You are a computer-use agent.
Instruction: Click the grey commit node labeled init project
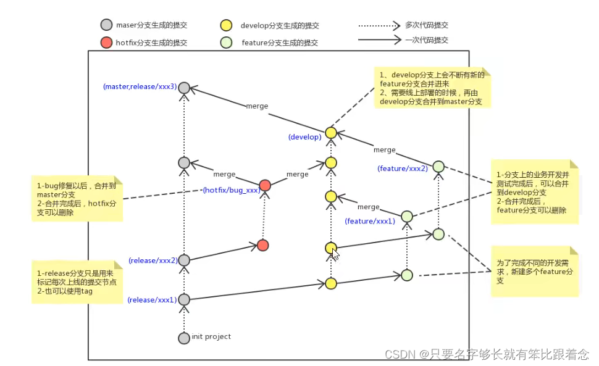pos(183,338)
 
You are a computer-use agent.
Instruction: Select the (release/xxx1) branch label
pos(152,300)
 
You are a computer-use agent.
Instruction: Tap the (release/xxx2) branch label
pos(153,260)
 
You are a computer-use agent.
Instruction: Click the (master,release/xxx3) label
pos(140,86)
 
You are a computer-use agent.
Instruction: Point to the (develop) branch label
pos(304,137)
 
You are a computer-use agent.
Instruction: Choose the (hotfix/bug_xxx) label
pos(230,190)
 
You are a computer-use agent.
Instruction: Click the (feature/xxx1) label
pos(370,221)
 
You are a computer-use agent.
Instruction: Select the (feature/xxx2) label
pos(403,168)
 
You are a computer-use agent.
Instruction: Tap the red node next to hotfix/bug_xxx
pos(265,185)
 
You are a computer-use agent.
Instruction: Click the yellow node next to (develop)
pos(331,133)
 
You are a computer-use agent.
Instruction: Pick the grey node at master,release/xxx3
pos(183,88)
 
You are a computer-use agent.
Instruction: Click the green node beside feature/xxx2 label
pos(438,166)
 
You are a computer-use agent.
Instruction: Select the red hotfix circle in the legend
pos(106,43)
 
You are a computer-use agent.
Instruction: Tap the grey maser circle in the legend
pos(106,25)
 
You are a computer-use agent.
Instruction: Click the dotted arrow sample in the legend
pos(378,26)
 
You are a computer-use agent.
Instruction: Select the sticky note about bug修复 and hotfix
pos(78,198)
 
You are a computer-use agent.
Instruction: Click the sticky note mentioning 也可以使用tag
pos(78,281)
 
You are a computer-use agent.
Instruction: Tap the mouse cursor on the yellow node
pos(334,253)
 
